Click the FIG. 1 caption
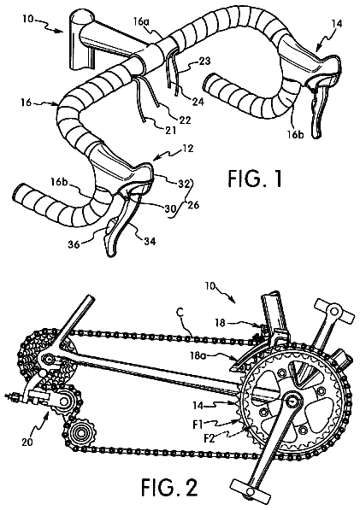tap(255, 179)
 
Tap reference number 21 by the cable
tap(170, 130)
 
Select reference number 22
tap(185, 120)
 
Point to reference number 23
tap(204, 61)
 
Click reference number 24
tap(198, 101)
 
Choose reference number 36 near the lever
tap(74, 244)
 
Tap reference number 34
tap(149, 241)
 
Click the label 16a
tap(142, 22)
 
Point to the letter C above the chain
tap(181, 313)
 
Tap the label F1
tap(198, 424)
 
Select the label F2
tap(210, 438)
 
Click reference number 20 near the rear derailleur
tap(27, 443)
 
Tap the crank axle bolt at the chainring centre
tap(292, 401)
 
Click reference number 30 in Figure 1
tap(170, 208)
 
